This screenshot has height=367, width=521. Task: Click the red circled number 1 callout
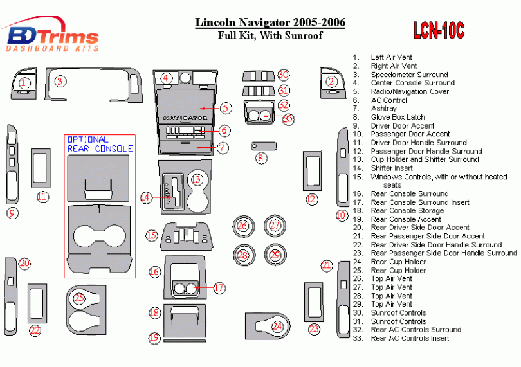coord(24,82)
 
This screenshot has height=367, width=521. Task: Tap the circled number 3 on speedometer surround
coord(60,81)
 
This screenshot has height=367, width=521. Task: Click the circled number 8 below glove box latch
coord(260,157)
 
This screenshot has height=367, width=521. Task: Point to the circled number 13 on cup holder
coord(197,180)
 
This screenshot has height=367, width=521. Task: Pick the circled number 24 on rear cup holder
coord(277,327)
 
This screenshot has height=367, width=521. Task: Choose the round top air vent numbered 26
coord(242,226)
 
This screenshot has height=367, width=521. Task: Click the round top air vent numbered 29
coord(275,255)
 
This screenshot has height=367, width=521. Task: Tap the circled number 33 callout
coord(288,118)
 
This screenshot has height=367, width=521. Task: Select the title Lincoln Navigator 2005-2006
coord(270,23)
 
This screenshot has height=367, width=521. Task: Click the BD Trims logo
coord(51,37)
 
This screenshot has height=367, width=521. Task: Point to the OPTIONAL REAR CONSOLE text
coord(100,144)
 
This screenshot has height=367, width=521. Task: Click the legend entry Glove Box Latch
coord(398,117)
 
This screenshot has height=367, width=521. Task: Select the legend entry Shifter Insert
coord(393,168)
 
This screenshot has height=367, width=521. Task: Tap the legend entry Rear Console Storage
coord(407,211)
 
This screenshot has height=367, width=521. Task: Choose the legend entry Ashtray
coord(383,109)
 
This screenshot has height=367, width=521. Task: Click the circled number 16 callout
coord(154,272)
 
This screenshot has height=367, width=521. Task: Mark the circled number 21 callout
coord(327,265)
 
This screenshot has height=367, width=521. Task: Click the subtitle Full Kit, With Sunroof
coord(270,36)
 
